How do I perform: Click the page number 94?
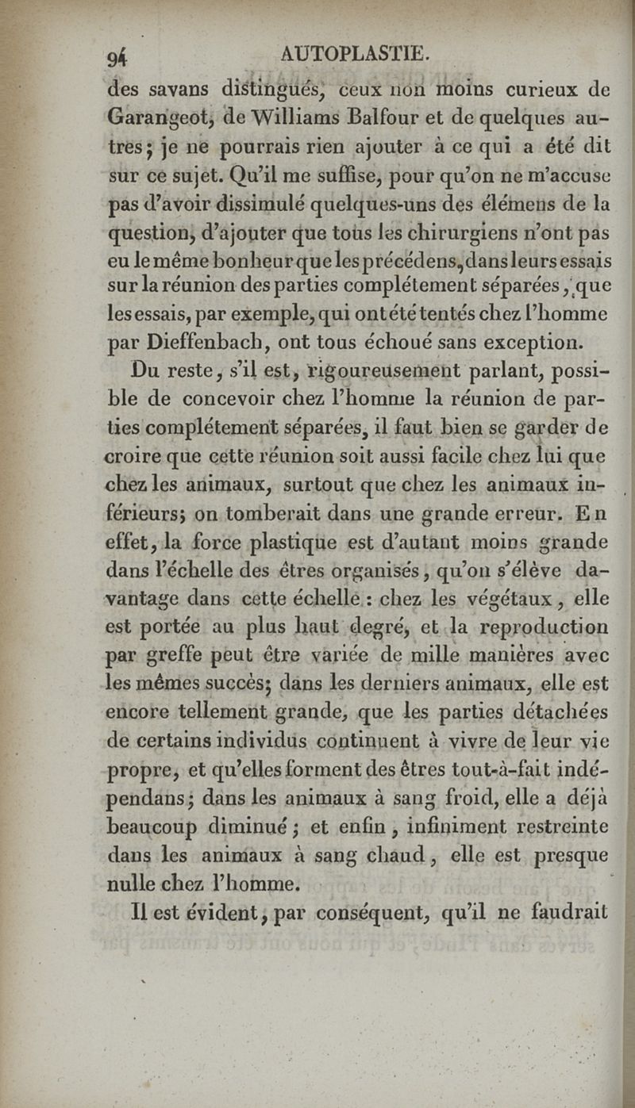(x=118, y=57)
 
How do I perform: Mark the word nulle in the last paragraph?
(x=131, y=884)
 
